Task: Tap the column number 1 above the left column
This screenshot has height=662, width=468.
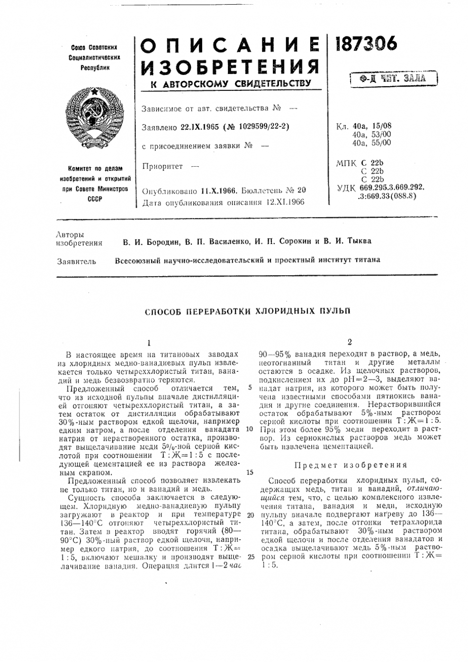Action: pyautogui.click(x=148, y=342)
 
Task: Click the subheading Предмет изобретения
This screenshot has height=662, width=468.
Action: pyautogui.click(x=351, y=465)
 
